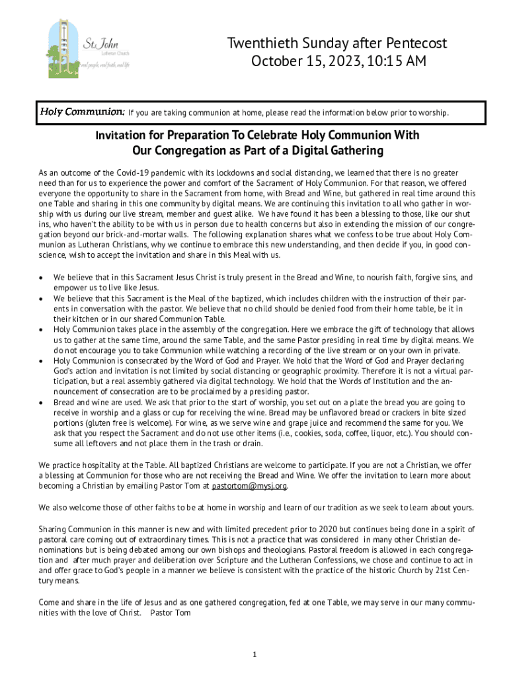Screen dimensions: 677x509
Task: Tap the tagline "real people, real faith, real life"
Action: click(104, 65)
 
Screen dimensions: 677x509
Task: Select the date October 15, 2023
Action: click(306, 62)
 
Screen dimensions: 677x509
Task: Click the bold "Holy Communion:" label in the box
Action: click(81, 111)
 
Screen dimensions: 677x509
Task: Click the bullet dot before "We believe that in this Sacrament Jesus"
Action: click(42, 278)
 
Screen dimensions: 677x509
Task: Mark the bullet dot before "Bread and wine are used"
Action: click(42, 402)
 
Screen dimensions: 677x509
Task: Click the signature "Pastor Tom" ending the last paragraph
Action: click(171, 613)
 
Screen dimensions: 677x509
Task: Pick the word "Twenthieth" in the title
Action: click(260, 44)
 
